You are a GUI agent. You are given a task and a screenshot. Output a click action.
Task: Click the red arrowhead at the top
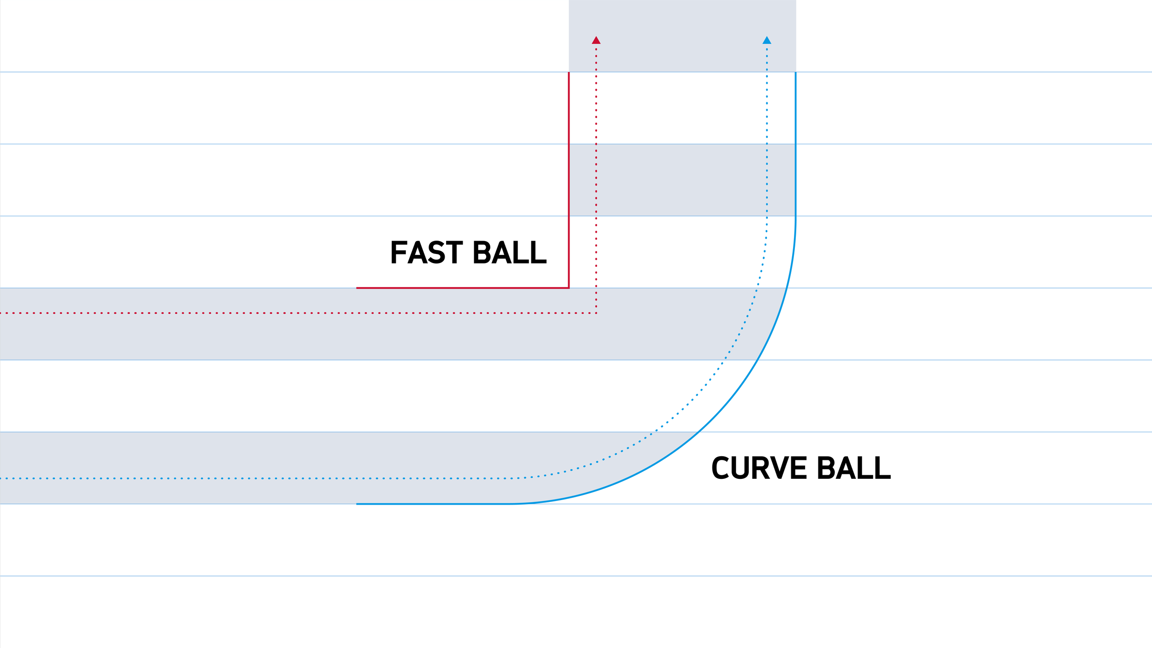point(596,41)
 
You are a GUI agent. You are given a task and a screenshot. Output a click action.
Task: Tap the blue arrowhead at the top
point(767,41)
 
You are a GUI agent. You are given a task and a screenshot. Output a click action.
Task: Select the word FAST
point(426,252)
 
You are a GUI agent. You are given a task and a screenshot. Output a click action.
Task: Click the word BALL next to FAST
point(510,252)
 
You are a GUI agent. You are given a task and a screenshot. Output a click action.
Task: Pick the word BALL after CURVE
point(854,468)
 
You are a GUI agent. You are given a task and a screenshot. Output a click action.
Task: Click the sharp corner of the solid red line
point(569,288)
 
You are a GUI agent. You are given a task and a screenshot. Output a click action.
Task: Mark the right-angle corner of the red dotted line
point(596,313)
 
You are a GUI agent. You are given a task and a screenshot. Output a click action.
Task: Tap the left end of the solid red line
point(357,288)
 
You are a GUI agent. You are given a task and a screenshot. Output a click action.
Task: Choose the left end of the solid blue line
point(357,504)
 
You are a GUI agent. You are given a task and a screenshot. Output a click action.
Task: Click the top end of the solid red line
point(569,73)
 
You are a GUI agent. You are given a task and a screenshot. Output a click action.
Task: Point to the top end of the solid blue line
point(795,73)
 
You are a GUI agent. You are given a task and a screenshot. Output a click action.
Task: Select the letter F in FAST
point(398,252)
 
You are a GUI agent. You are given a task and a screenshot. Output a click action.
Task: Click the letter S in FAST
point(436,252)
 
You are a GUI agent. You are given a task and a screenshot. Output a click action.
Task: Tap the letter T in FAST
point(454,252)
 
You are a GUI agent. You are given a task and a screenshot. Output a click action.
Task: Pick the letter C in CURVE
point(720,468)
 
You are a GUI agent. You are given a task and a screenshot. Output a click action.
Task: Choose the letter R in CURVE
point(760,468)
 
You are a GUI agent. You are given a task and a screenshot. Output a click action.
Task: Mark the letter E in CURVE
point(799,468)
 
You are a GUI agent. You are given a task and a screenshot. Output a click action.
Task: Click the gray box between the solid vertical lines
point(682,180)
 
